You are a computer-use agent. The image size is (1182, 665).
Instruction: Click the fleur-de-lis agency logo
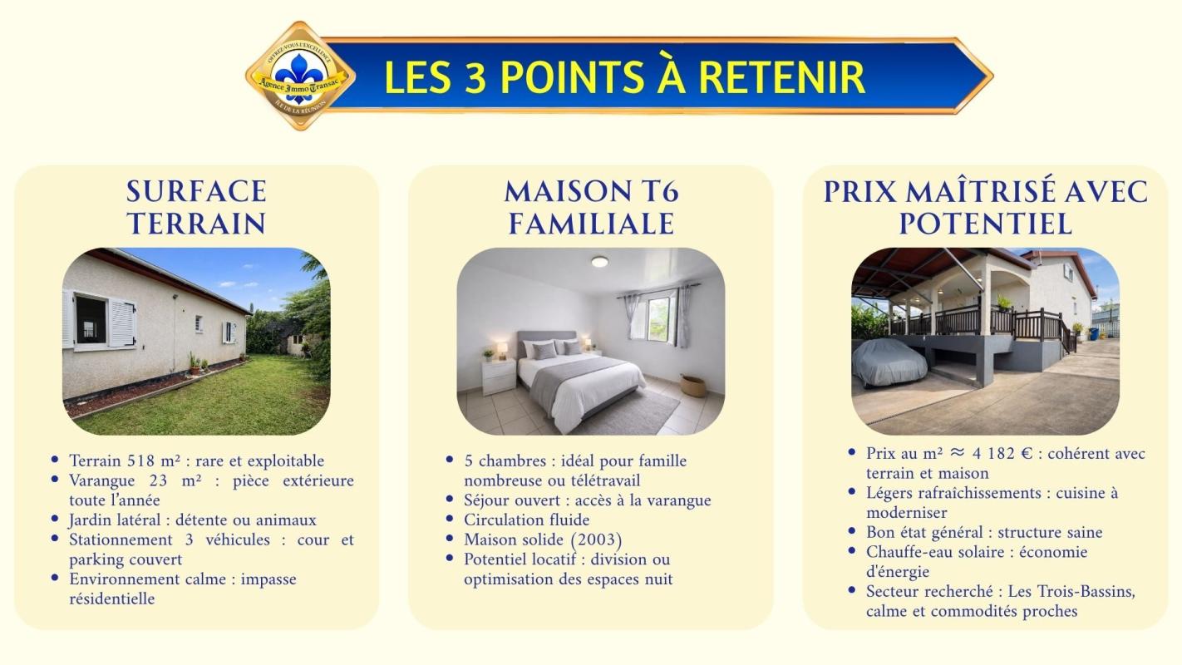[x=300, y=76]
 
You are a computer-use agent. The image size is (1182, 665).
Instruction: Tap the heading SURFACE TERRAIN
[x=196, y=208]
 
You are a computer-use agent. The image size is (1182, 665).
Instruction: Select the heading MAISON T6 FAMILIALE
[x=591, y=208]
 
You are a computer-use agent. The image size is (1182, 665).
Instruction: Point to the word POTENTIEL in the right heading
[x=985, y=224]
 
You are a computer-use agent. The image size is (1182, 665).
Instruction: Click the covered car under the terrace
[x=889, y=362]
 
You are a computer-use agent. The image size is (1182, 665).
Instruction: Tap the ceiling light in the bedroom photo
[x=599, y=261]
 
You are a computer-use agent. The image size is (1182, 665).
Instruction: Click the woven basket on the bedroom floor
[x=693, y=385]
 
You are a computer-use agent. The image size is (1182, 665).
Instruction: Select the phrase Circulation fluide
[x=527, y=520]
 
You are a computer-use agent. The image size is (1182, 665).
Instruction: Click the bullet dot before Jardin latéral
[x=55, y=519]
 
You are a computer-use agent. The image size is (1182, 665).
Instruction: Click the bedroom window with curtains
[x=658, y=316]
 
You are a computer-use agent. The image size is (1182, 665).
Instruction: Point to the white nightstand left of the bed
[x=499, y=376]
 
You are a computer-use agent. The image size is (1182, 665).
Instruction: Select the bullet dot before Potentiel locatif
[x=450, y=558]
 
